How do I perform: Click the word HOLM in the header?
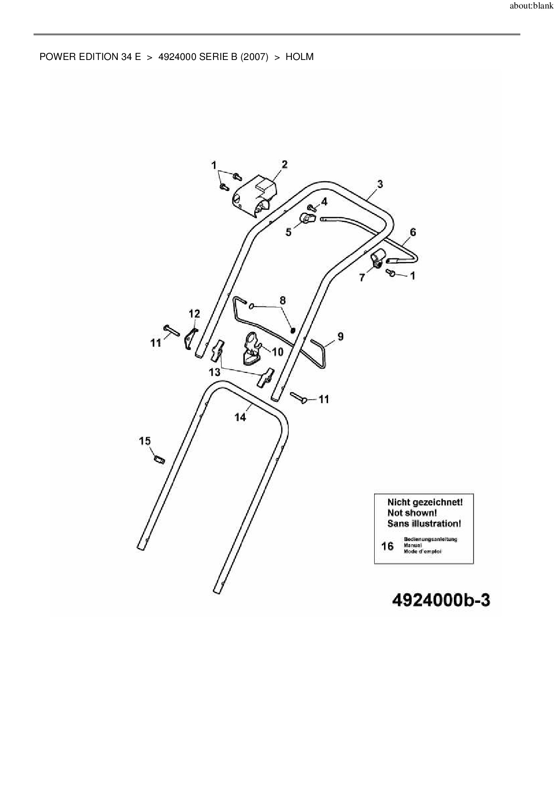click(x=299, y=57)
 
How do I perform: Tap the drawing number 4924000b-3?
click(x=441, y=600)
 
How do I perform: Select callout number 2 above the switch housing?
click(x=285, y=164)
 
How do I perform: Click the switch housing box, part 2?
click(x=254, y=196)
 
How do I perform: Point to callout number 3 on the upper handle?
click(x=380, y=183)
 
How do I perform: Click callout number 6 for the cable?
click(x=413, y=232)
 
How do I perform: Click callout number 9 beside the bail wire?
click(x=341, y=336)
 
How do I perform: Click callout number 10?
click(x=277, y=352)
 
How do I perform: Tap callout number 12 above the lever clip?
click(x=194, y=313)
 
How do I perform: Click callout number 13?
click(x=215, y=372)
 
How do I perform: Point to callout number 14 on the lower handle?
click(x=240, y=417)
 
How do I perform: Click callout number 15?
click(x=145, y=441)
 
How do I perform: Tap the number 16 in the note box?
click(x=387, y=546)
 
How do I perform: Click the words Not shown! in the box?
click(x=412, y=513)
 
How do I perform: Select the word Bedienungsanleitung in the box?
click(x=430, y=539)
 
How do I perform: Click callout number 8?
click(x=282, y=300)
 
